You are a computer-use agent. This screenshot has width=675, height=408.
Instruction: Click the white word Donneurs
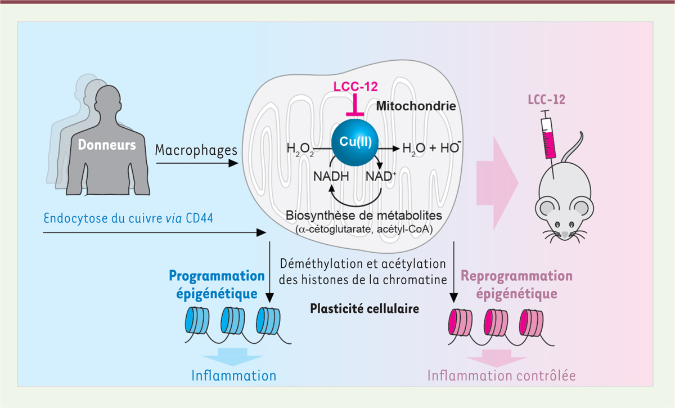[x=106, y=145]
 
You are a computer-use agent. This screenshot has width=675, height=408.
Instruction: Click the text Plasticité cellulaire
[x=364, y=309]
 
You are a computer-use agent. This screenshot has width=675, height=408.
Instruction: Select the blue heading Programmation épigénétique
[x=216, y=285]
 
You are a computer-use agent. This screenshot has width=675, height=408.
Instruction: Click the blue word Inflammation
[x=233, y=375]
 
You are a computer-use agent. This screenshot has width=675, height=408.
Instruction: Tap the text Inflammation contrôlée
[x=502, y=375]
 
